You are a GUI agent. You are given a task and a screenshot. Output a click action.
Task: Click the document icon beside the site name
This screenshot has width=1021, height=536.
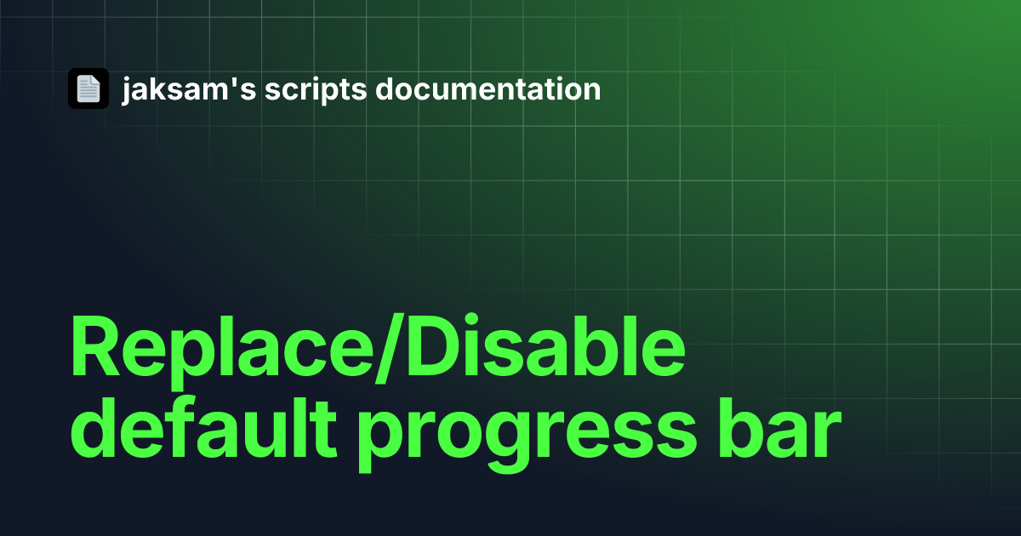(x=88, y=88)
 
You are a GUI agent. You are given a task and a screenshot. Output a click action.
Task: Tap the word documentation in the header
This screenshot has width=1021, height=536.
(x=488, y=88)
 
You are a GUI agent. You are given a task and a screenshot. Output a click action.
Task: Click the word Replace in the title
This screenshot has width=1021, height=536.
(x=221, y=351)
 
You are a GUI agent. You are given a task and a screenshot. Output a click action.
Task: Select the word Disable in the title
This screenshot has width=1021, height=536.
(x=545, y=345)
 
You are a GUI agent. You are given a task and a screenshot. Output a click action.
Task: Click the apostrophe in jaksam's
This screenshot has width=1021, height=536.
(x=234, y=82)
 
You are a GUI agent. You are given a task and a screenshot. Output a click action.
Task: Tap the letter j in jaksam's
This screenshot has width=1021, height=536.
(x=127, y=91)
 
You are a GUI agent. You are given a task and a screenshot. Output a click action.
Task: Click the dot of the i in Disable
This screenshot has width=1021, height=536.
(x=471, y=320)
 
